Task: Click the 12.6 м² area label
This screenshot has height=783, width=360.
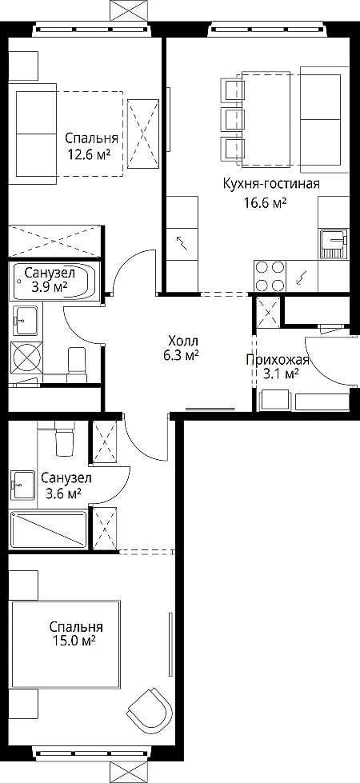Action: pyautogui.click(x=90, y=154)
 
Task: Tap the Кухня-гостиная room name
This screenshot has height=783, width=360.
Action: pyautogui.click(x=271, y=185)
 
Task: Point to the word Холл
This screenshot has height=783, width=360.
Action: pyautogui.click(x=183, y=342)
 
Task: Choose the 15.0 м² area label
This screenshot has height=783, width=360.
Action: pyautogui.click(x=73, y=641)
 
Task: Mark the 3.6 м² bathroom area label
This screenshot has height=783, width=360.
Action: pyautogui.click(x=63, y=493)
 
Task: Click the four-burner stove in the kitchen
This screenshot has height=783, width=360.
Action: pyautogui.click(x=270, y=276)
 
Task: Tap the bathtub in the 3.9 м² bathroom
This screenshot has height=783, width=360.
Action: pyautogui.click(x=55, y=282)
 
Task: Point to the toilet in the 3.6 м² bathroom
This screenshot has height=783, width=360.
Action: pyautogui.click(x=64, y=438)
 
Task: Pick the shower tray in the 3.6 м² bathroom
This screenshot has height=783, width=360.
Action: pyautogui.click(x=49, y=529)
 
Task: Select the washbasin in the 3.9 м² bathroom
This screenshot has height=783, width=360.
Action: pyautogui.click(x=25, y=321)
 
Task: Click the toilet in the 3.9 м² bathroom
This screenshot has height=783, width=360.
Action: pyautogui.click(x=78, y=364)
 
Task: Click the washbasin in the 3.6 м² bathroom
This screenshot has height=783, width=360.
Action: pyautogui.click(x=22, y=485)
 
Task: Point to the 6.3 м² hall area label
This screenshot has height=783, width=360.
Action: pyautogui.click(x=183, y=356)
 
